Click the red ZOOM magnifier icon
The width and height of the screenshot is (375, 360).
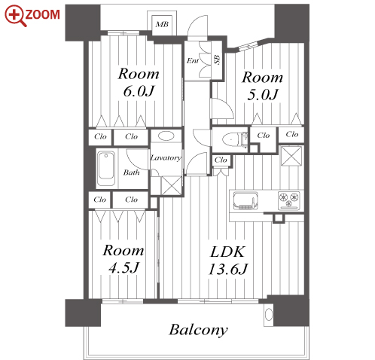[14, 16]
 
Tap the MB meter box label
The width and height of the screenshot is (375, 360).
[162, 24]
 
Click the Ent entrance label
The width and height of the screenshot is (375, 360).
[193, 60]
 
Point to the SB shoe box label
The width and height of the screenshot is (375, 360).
[217, 59]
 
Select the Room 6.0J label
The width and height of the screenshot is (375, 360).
[139, 82]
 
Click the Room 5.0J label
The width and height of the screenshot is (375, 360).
[263, 86]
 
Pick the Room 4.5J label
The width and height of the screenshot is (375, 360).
[123, 258]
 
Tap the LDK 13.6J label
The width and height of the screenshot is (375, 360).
[228, 261]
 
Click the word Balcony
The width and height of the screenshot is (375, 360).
[198, 330]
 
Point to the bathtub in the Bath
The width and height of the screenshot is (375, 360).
[106, 168]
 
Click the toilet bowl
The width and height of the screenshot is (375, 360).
[230, 139]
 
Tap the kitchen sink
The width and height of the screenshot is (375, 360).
[245, 201]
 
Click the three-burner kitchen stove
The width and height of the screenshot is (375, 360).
[289, 200]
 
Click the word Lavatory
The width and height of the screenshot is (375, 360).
[166, 157]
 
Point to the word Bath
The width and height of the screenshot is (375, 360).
[131, 172]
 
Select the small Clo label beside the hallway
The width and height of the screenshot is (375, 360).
[221, 160]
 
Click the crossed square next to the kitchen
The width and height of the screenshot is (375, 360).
[291, 156]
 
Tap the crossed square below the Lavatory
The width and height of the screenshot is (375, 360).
[171, 185]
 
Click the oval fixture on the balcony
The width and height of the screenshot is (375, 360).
[269, 314]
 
